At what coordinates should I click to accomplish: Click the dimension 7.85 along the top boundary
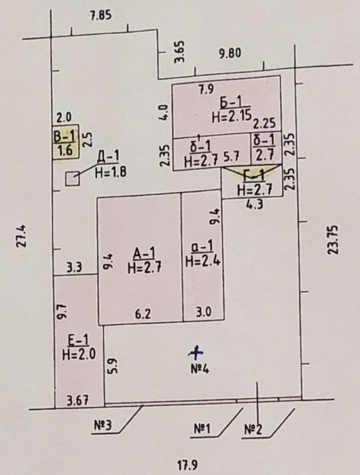point(101,14)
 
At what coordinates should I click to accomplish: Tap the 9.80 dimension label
point(230,53)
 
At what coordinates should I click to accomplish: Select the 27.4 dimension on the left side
point(21,236)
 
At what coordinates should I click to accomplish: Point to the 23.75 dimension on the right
point(334,240)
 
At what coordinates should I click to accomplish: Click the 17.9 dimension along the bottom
point(187,465)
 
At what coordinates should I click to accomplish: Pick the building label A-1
point(145,253)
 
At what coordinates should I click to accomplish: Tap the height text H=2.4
point(202,261)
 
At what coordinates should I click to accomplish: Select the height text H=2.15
point(232,116)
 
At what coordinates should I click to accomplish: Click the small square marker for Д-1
point(73,179)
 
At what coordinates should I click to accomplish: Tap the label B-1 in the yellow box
point(64,136)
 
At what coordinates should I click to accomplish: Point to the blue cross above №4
point(196,352)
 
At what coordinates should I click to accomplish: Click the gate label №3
point(103,425)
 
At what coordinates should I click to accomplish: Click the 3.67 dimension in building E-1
point(78,401)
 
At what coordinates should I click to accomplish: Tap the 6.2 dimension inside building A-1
point(143,315)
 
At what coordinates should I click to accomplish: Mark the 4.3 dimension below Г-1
point(255,205)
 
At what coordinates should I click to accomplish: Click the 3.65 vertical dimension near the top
point(179,52)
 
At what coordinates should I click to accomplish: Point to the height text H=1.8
point(111,173)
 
